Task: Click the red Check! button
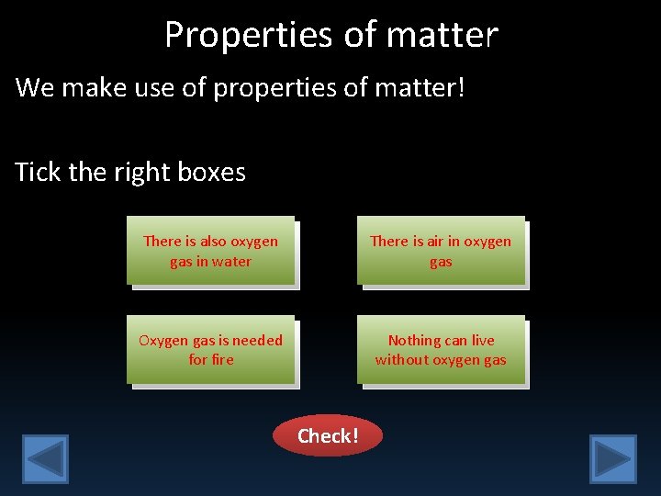327,435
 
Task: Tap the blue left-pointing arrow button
45,458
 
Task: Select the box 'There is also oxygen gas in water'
210,251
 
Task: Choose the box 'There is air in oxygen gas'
441,251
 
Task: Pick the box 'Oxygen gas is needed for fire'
210,350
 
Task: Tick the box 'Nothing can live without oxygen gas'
441,350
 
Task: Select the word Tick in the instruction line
39,172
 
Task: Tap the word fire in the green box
221,360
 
